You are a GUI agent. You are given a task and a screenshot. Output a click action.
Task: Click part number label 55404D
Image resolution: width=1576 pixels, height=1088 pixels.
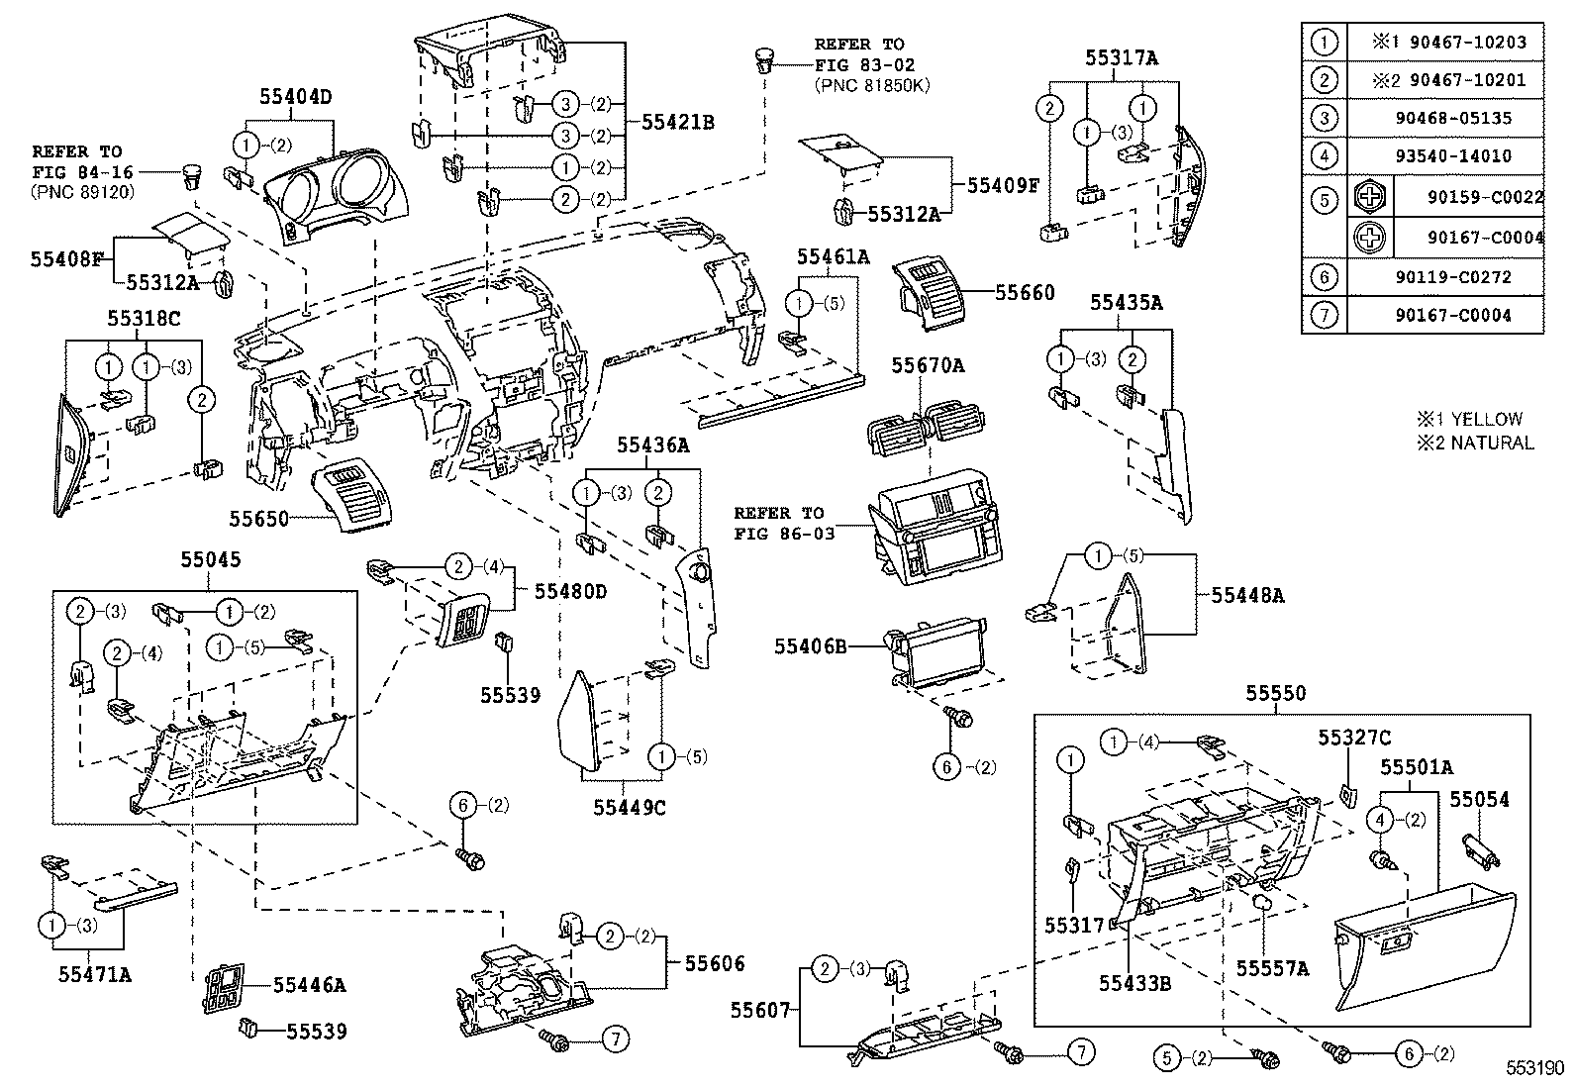pyautogui.click(x=295, y=97)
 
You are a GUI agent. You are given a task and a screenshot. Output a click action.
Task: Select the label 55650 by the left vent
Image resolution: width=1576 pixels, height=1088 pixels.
pyautogui.click(x=258, y=519)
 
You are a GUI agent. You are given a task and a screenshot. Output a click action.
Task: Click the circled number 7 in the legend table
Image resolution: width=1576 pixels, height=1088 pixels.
pyautogui.click(x=1324, y=315)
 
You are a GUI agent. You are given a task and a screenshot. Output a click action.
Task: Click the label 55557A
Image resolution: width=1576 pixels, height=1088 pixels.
pyautogui.click(x=1272, y=968)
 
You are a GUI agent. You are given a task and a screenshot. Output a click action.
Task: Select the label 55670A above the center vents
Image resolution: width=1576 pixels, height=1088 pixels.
pyautogui.click(x=927, y=365)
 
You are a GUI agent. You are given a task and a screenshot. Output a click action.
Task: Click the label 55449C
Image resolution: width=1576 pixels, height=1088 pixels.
pyautogui.click(x=630, y=807)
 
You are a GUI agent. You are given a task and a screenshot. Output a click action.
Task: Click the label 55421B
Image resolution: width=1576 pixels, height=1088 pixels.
pyautogui.click(x=678, y=122)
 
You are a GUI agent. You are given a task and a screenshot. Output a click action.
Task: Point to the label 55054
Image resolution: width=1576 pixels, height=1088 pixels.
pyautogui.click(x=1480, y=799)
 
